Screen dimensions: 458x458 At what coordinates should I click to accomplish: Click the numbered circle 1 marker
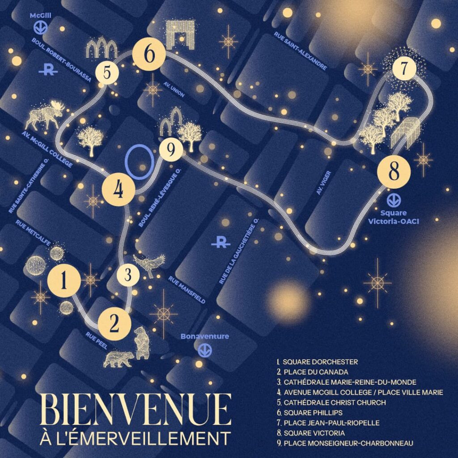pyautogui.click(x=64, y=281)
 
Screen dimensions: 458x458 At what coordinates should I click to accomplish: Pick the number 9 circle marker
pyautogui.click(x=170, y=150)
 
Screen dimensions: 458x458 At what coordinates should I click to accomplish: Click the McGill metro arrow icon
pyautogui.click(x=41, y=28)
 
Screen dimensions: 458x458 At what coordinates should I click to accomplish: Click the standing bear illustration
pyautogui.click(x=142, y=343)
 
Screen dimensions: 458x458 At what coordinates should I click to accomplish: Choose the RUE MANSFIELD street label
pyautogui.click(x=187, y=289)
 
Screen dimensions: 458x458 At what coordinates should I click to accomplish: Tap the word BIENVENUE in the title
pyautogui.click(x=136, y=410)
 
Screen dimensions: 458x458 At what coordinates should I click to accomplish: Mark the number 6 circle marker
pyautogui.click(x=149, y=55)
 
